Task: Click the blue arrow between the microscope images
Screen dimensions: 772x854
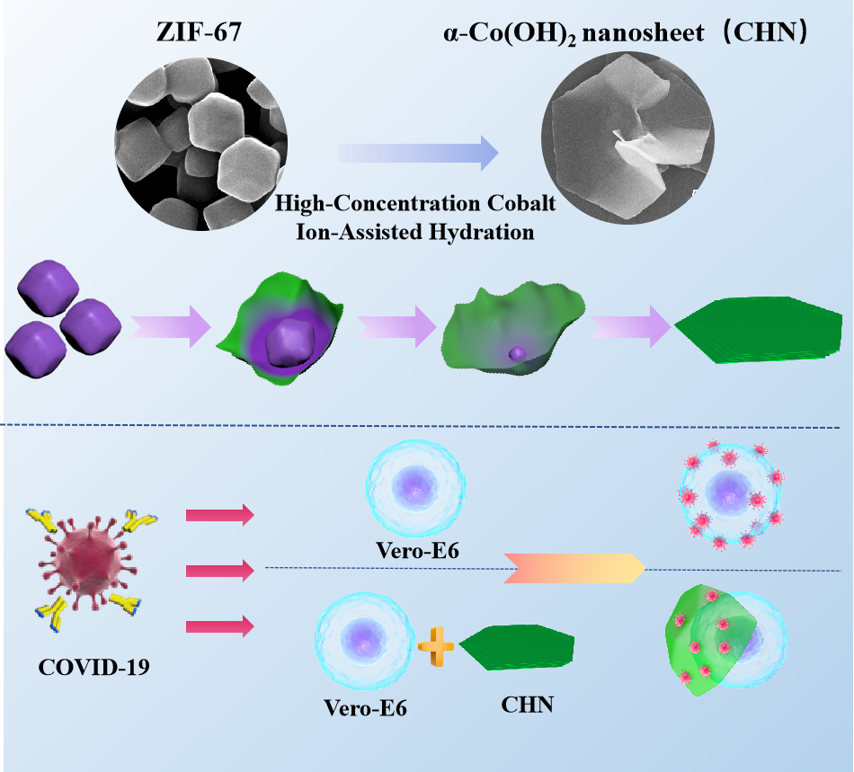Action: click(419, 154)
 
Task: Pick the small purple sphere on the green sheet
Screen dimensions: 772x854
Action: click(516, 353)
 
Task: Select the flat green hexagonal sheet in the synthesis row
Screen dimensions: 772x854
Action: click(758, 325)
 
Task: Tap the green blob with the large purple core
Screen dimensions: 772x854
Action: click(281, 333)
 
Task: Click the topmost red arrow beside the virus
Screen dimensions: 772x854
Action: click(220, 515)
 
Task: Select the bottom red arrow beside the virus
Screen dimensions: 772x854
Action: click(220, 626)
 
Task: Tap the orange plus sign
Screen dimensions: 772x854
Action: click(437, 645)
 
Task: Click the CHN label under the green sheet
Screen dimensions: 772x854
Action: click(526, 705)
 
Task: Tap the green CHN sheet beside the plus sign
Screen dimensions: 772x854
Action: click(519, 647)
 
